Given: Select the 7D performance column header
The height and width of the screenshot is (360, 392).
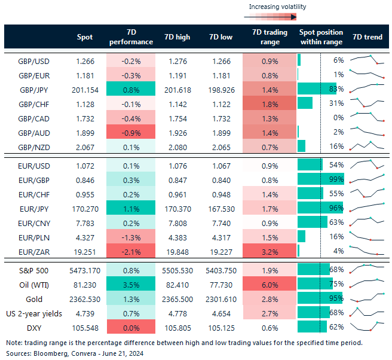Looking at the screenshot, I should coord(130,37).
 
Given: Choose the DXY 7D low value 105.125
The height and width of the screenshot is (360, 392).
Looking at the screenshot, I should coord(221,327).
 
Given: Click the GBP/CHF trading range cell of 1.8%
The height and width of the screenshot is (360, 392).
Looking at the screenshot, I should coord(270,103).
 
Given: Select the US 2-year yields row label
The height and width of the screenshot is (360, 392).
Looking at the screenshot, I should coord(33,312).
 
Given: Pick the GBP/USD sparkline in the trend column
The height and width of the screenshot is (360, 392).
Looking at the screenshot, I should coord(367,60).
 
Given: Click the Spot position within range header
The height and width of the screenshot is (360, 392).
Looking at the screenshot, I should coord(320,37).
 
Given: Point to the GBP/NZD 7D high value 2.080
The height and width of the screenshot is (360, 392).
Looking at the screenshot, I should coord(177,146).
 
